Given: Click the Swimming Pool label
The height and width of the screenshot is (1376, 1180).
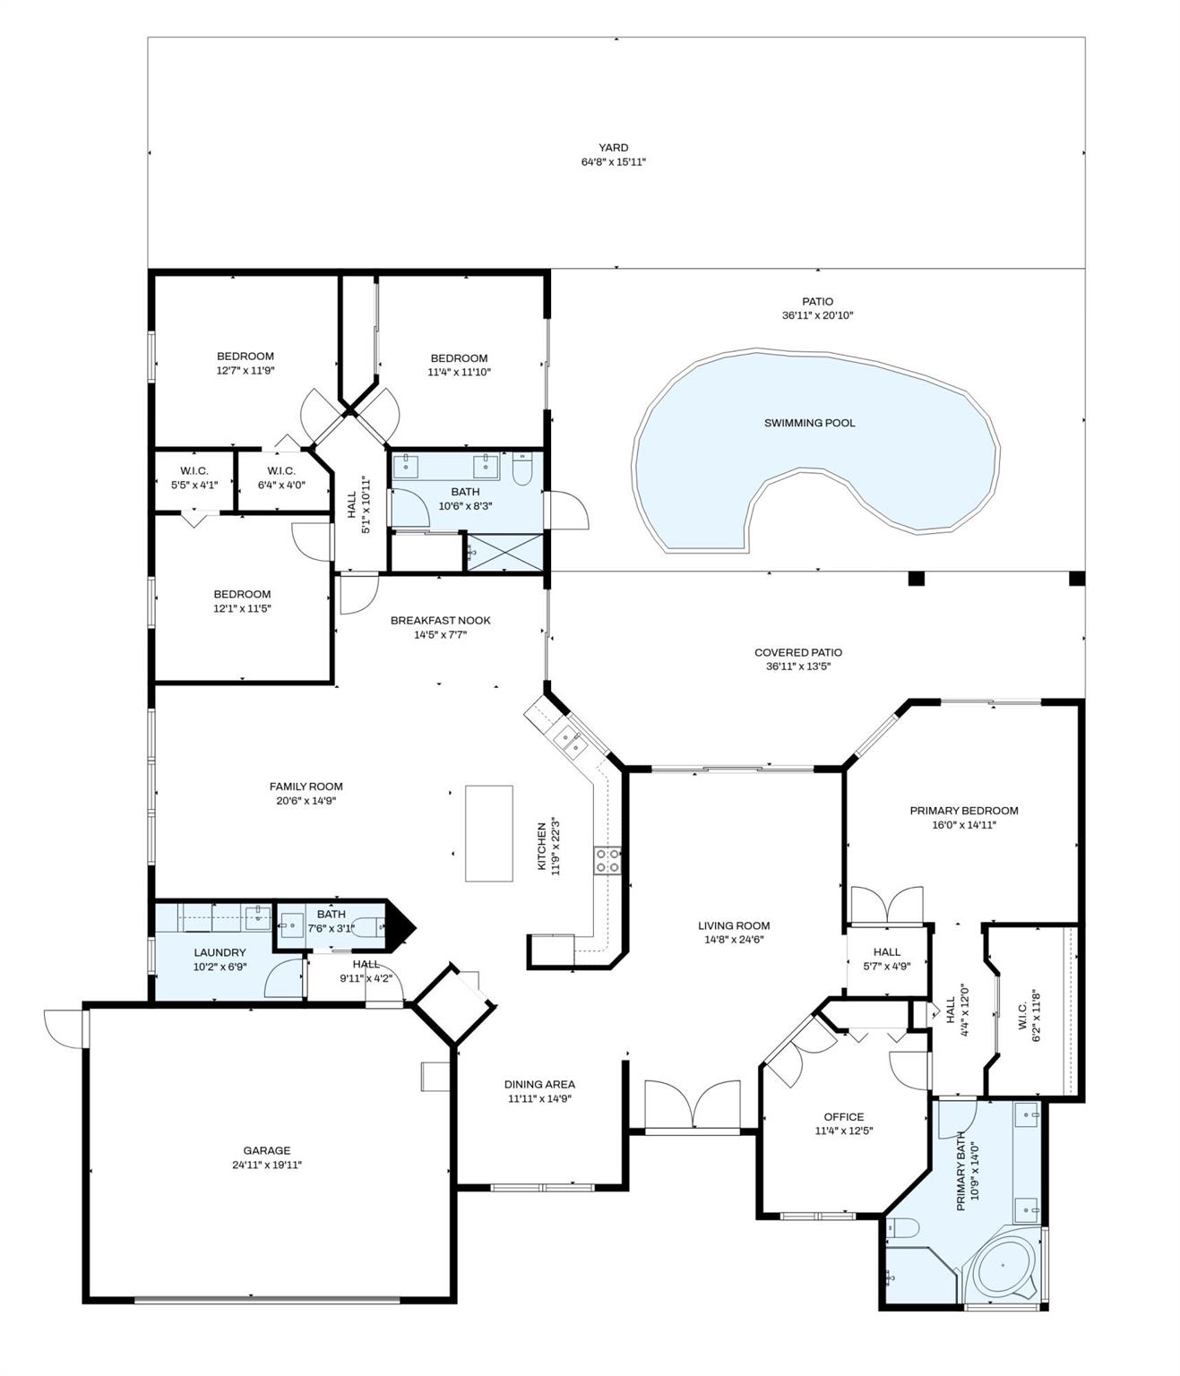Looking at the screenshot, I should [x=809, y=423].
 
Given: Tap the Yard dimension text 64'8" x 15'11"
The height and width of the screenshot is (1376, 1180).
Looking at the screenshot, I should [x=613, y=162].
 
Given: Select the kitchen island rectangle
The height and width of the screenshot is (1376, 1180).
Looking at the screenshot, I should [x=488, y=833].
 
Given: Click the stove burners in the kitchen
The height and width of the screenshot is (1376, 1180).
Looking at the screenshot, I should [x=607, y=861].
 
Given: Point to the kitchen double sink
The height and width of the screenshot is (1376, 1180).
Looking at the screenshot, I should [x=570, y=741].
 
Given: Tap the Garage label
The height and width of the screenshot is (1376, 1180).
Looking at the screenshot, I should [x=267, y=1150].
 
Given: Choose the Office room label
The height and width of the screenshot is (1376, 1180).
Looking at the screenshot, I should [x=843, y=1116].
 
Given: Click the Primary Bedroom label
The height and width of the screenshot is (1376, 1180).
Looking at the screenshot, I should [x=964, y=811].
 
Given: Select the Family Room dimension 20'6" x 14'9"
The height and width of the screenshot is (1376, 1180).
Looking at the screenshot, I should [x=306, y=801].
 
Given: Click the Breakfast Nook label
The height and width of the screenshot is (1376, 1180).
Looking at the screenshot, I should [x=440, y=620].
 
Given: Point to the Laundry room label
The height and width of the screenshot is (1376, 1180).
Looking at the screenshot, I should [x=220, y=952].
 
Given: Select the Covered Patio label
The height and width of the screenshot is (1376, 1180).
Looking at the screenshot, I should [x=797, y=652].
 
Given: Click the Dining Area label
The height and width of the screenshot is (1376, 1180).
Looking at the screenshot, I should [x=539, y=1084].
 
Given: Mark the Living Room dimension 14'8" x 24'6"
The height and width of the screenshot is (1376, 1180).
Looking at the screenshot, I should [x=734, y=940].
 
